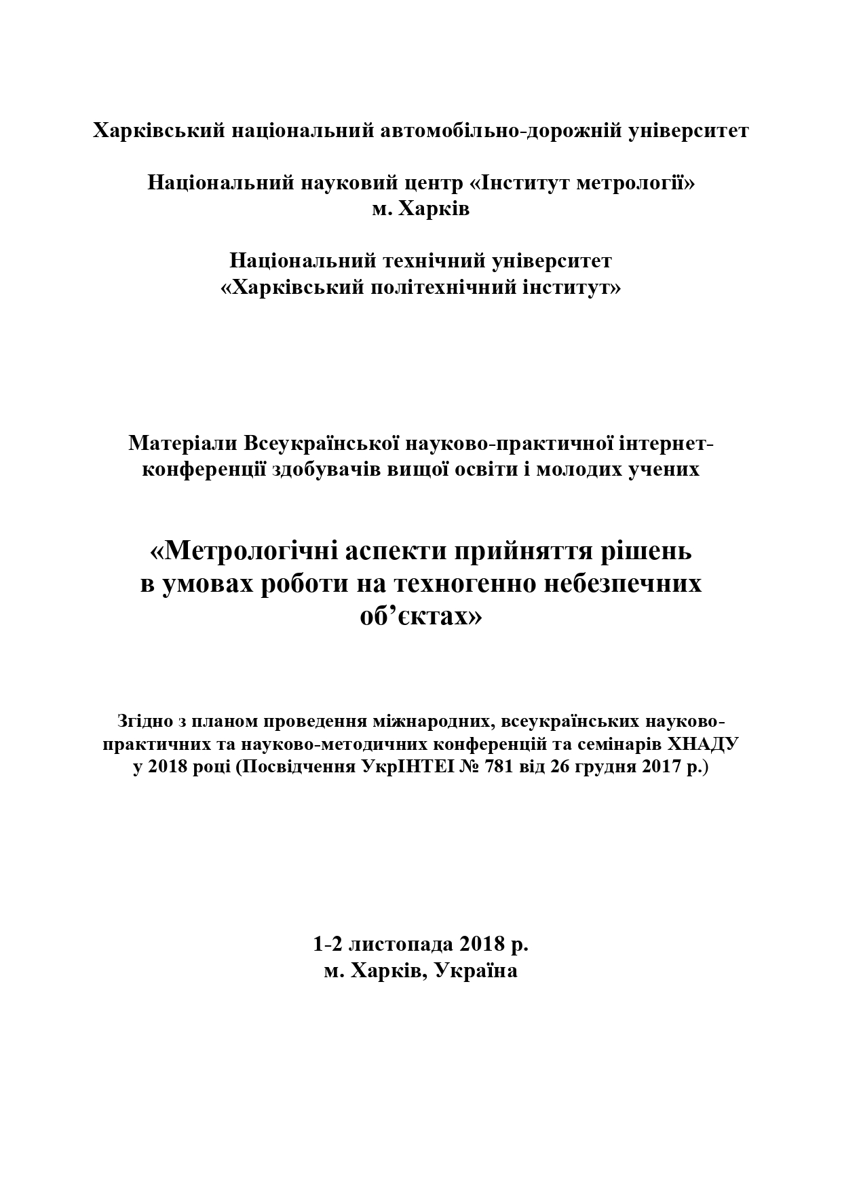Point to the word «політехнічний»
[445, 288]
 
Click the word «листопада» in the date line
[402, 944]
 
